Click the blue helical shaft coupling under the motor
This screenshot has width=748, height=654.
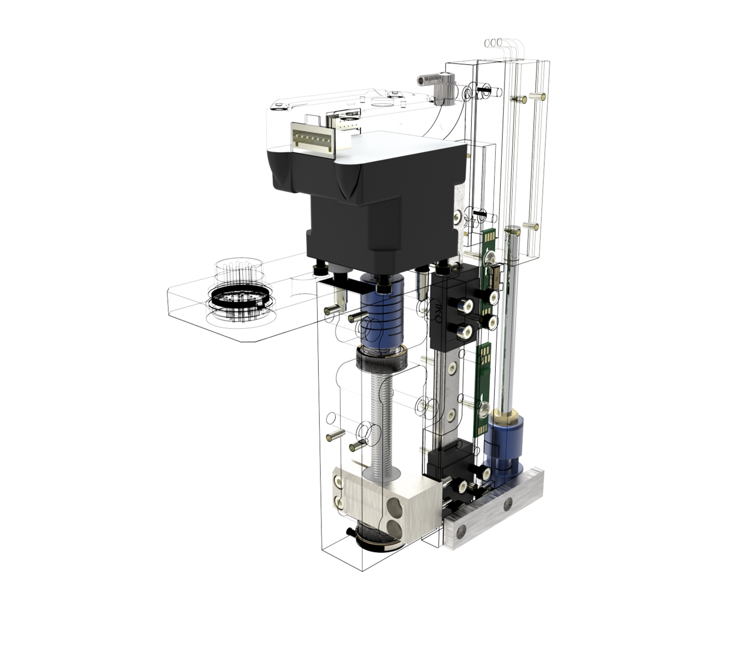380,319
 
